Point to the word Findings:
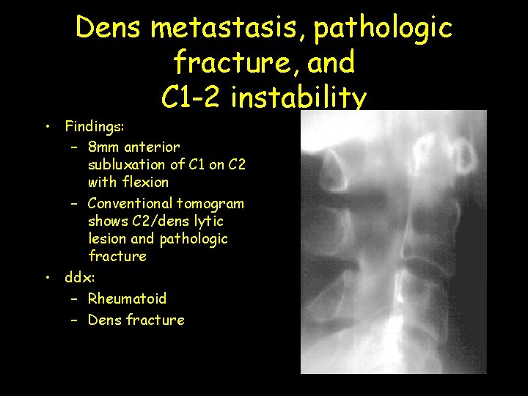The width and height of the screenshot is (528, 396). (x=94, y=126)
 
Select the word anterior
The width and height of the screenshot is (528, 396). (x=153, y=147)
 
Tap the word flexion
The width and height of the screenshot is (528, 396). (x=147, y=182)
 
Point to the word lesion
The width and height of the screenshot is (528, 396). (x=107, y=238)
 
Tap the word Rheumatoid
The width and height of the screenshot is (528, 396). (x=127, y=298)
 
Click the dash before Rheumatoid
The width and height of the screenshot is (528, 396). (x=76, y=299)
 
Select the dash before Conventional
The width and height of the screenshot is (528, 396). (x=76, y=204)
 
